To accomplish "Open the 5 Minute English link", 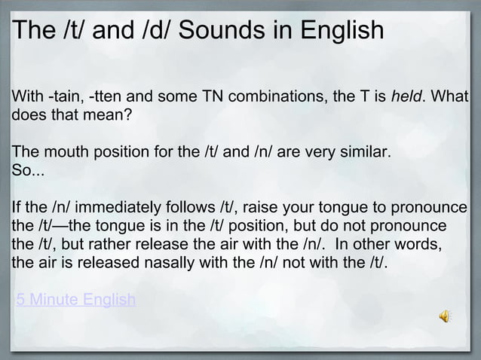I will pos(76,301).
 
